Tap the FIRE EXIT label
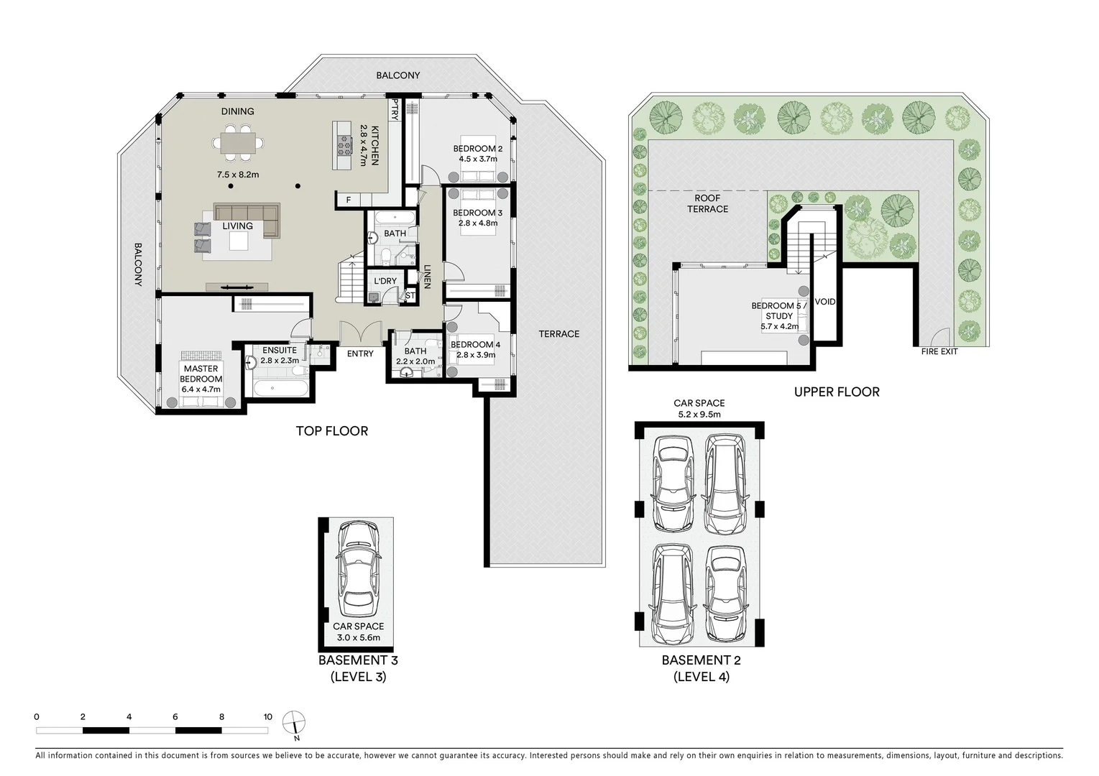point(939,351)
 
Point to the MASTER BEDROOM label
point(201,374)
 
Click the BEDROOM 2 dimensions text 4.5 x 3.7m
point(477,159)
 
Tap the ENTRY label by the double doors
point(360,354)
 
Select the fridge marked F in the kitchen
point(349,200)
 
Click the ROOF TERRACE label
point(707,203)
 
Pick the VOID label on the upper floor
point(825,302)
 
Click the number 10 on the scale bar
point(267,716)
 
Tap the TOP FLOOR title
point(331,430)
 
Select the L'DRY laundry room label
point(385,281)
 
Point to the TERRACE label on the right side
point(558,333)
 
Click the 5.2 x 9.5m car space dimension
point(699,414)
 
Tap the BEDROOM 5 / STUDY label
point(778,310)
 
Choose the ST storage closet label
point(410,295)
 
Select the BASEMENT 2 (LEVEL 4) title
point(701,668)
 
